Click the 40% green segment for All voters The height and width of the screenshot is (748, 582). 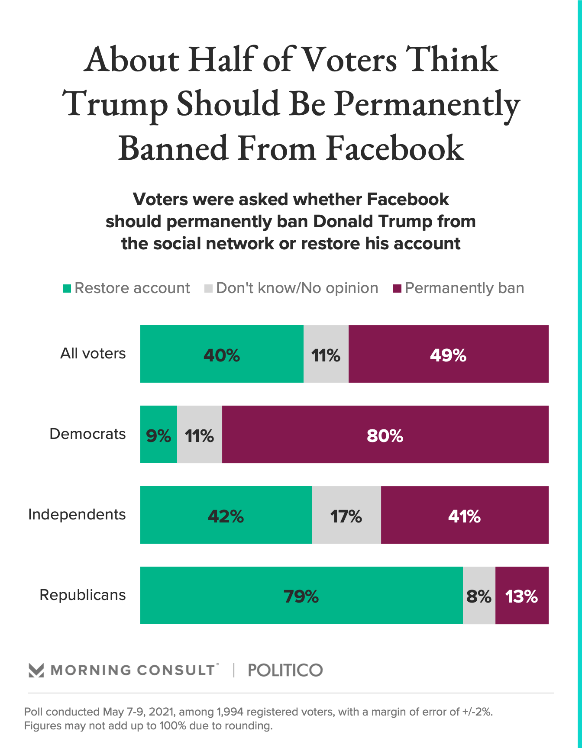(x=222, y=354)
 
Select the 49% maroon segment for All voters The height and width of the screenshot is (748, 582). (x=448, y=354)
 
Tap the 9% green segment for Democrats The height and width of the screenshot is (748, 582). (x=158, y=434)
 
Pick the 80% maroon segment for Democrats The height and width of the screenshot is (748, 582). (x=385, y=434)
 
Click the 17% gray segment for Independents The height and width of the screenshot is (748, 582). (x=346, y=515)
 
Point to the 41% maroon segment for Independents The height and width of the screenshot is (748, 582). (x=465, y=515)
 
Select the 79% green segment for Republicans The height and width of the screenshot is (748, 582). (x=301, y=595)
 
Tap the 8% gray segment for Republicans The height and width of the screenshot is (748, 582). (x=479, y=595)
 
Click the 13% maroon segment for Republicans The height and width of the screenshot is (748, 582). (x=522, y=595)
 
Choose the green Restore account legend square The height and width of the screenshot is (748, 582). (x=67, y=288)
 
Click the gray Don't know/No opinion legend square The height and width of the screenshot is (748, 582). (x=208, y=288)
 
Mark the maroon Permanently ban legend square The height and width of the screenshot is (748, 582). (x=397, y=288)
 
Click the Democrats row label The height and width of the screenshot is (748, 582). (x=87, y=434)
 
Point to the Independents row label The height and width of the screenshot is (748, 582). (x=77, y=514)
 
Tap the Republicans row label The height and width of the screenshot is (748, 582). (x=82, y=595)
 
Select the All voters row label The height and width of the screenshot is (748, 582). (x=93, y=353)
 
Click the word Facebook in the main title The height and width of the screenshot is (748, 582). (x=395, y=148)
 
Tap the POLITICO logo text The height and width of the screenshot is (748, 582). (x=285, y=670)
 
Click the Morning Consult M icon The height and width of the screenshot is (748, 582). (x=36, y=670)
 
